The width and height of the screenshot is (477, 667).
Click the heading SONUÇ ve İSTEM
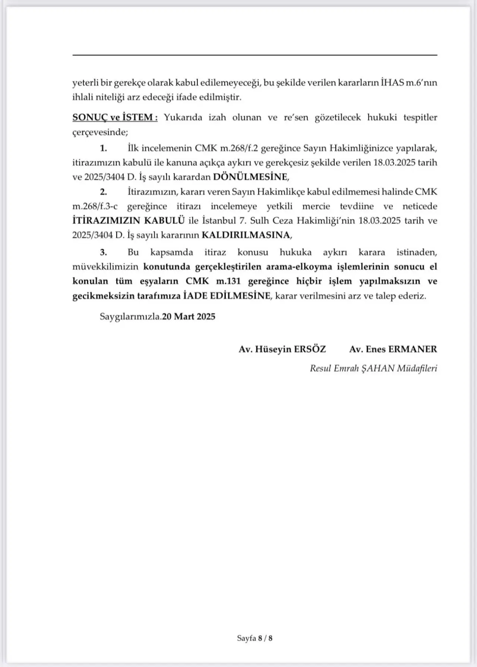pyautogui.click(x=115, y=117)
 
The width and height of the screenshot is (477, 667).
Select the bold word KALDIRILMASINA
pyautogui.click(x=245, y=235)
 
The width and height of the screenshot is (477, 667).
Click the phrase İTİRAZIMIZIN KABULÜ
pyautogui.click(x=129, y=220)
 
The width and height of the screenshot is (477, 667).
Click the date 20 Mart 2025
pyautogui.click(x=189, y=317)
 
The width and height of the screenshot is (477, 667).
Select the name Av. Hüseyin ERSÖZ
pyautogui.click(x=282, y=349)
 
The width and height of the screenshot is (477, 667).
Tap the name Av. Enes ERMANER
pyautogui.click(x=393, y=349)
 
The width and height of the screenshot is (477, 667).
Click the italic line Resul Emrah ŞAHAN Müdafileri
pyautogui.click(x=373, y=368)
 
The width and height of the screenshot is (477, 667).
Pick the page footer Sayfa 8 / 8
pyautogui.click(x=255, y=638)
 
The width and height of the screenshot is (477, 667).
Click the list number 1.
pyautogui.click(x=103, y=148)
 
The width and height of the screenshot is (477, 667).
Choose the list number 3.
pyautogui.click(x=103, y=252)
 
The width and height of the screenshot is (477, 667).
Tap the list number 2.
pyautogui.click(x=103, y=192)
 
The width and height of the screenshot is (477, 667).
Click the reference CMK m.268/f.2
pyautogui.click(x=226, y=148)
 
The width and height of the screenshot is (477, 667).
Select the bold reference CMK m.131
pyautogui.click(x=213, y=281)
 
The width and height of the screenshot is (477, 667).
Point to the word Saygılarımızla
pyautogui.click(x=130, y=317)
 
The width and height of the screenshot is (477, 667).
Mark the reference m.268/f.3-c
pyautogui.click(x=95, y=206)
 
